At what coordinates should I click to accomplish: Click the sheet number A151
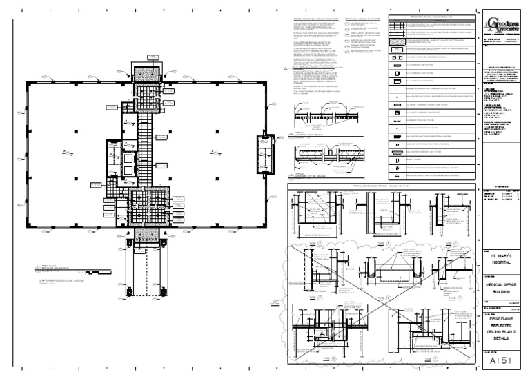[498, 360]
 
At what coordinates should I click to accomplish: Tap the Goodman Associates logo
[499, 26]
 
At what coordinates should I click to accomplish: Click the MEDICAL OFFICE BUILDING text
[499, 289]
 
